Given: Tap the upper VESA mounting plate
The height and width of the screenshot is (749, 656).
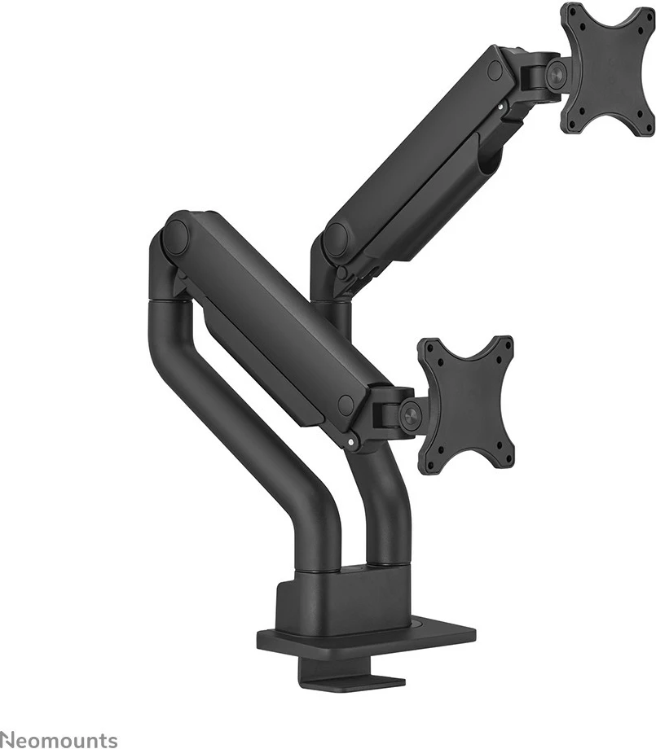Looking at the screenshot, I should tap(608, 69).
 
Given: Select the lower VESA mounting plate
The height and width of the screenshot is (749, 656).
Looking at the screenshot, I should tap(465, 405).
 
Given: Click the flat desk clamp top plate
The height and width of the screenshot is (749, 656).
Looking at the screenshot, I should tap(367, 638).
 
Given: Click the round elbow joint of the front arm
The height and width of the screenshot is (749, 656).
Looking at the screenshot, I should tap(175, 236).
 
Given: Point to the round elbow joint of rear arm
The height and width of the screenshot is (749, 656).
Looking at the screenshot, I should tap(335, 240).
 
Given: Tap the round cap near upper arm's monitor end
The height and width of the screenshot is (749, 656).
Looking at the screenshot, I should tap(495, 71).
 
